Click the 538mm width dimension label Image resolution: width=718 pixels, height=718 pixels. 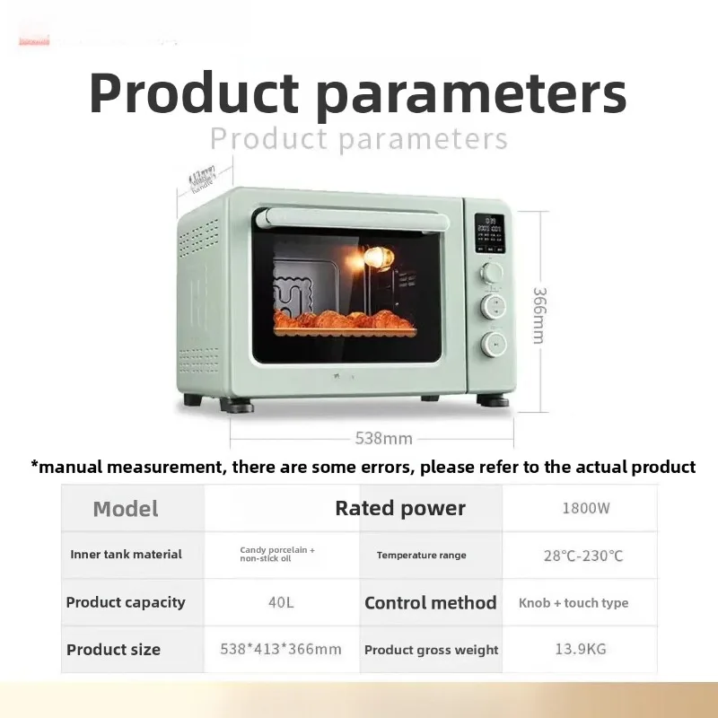[383, 439]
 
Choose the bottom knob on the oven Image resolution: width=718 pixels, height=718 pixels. [492, 342]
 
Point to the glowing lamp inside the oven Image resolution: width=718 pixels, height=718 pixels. [377, 258]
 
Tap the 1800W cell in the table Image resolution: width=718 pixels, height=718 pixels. [585, 508]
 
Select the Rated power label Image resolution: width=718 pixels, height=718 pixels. [400, 508]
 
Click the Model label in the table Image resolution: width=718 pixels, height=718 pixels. [126, 509]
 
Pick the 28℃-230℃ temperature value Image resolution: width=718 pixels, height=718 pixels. [583, 556]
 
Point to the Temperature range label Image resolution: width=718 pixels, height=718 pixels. [421, 556]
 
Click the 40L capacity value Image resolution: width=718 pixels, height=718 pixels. [281, 602]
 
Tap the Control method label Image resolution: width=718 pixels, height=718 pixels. [430, 602]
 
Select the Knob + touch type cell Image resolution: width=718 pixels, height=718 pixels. [574, 603]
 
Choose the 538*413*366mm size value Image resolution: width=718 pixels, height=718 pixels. [281, 649]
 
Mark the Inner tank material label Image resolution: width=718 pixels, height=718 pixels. [126, 555]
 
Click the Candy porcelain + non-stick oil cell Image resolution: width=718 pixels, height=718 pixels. [277, 554]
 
